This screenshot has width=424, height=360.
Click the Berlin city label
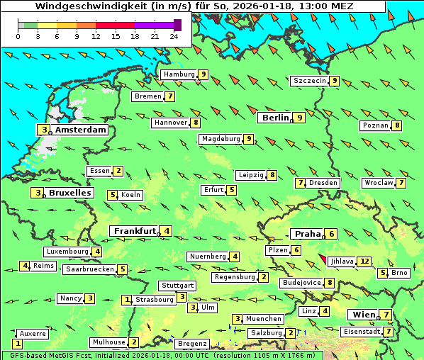pyautogui.click(x=275, y=118)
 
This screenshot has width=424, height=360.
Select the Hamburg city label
pyautogui.click(x=178, y=74)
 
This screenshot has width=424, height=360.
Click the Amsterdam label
pyautogui.click(x=80, y=130)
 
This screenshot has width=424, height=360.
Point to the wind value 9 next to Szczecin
pyautogui.click(x=334, y=81)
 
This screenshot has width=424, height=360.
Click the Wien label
pyautogui.click(x=362, y=315)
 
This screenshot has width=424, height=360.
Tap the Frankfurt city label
pyautogui.click(x=134, y=231)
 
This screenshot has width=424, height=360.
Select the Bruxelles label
pyautogui.click(x=69, y=193)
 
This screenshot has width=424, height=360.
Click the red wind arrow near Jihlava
pyautogui.click(x=323, y=260)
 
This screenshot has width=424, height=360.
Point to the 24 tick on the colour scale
pyautogui.click(x=174, y=36)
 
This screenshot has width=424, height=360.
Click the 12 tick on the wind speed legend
pyautogui.click(x=96, y=36)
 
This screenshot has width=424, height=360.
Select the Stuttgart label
pyautogui.click(x=177, y=286)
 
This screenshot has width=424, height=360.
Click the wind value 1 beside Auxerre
pyautogui.click(x=18, y=343)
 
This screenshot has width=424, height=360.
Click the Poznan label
pyautogui.click(x=375, y=125)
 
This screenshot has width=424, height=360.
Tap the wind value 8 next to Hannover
pyautogui.click(x=196, y=123)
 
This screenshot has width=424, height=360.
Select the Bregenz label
pyautogui.click(x=191, y=344)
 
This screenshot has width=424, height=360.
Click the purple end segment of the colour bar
pyautogui.click(x=177, y=25)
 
